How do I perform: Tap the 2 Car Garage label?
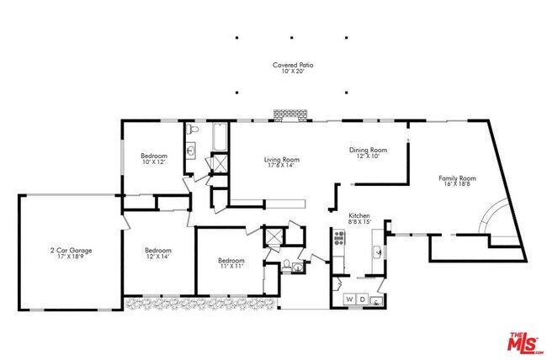coord(71,251)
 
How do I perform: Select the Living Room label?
coord(282,159)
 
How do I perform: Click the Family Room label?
coord(457,178)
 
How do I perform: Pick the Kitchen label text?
coord(360,215)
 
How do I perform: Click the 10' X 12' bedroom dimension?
coord(154,162)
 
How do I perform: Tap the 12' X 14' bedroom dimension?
coord(158,257)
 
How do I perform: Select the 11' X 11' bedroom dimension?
coord(231,266)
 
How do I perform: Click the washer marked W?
coord(348,299)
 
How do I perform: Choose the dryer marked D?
coord(363,299)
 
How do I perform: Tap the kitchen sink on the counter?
coord(379,250)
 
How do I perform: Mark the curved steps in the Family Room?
coord(491,220)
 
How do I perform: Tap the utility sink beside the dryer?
coord(378,299)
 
